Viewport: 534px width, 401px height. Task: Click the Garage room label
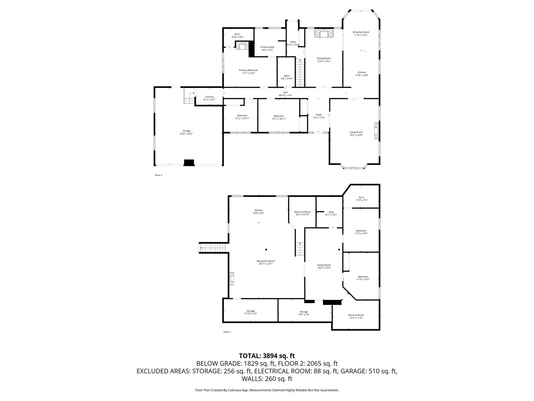tap(186, 131)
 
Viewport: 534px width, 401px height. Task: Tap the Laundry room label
tap(209, 97)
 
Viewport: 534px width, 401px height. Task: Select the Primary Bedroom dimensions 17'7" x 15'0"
tap(248, 73)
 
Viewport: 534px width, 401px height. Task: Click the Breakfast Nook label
tap(361, 32)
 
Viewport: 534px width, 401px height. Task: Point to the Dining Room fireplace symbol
tap(324, 33)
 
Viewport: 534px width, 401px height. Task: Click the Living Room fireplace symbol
tap(376, 132)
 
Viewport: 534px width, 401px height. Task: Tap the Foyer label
tap(319, 115)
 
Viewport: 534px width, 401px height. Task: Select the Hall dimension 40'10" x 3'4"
tap(285, 95)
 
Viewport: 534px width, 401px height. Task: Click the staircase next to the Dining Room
tap(300, 73)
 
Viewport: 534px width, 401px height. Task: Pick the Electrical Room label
tap(302, 212)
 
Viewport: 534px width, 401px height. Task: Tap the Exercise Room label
tap(356, 315)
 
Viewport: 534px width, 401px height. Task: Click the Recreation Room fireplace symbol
tap(232, 279)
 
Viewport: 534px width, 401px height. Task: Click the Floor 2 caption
tap(159, 175)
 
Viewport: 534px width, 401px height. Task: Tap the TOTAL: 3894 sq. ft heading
tap(267, 356)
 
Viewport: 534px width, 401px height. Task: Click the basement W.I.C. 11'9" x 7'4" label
tap(361, 199)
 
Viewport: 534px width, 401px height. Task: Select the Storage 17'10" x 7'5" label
tap(251, 312)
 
